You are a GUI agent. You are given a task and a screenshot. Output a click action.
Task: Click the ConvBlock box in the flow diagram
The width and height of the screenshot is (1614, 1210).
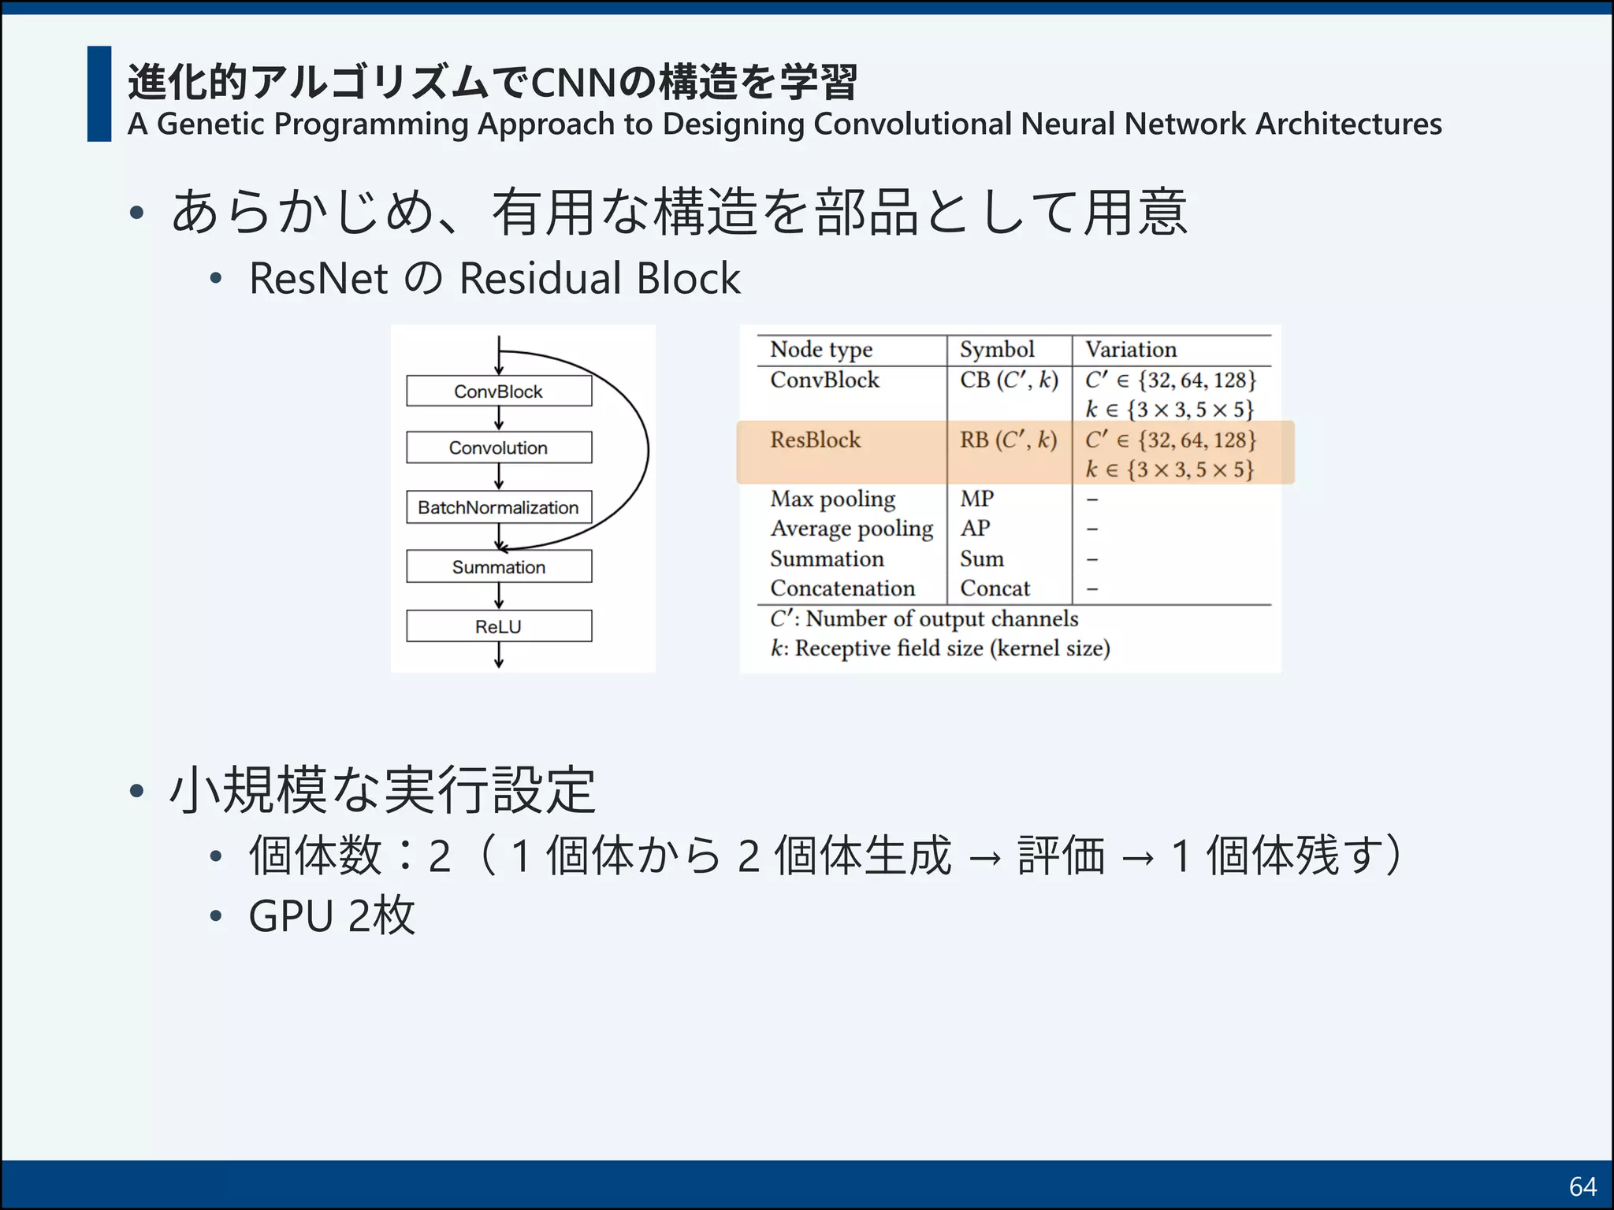(x=498, y=391)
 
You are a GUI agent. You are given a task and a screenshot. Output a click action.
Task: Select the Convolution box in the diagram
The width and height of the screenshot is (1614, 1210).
(x=498, y=447)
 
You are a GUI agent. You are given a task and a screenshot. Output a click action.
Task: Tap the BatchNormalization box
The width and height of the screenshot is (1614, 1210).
(x=498, y=507)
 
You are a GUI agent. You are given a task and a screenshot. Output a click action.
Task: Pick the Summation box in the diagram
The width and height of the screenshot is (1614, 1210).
(x=498, y=566)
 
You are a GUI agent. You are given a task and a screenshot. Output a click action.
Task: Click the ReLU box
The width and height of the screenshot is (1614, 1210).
(x=498, y=626)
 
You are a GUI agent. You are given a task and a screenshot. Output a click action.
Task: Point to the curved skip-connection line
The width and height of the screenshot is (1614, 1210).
(x=647, y=449)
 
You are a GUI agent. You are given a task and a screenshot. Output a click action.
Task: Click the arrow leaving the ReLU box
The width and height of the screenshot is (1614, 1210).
(x=499, y=655)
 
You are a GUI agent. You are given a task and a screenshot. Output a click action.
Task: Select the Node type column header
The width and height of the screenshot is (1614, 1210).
(x=820, y=349)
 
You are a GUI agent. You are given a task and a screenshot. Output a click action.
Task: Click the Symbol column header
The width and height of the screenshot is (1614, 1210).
(x=996, y=349)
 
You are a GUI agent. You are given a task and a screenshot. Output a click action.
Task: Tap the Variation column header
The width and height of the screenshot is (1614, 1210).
(x=1130, y=349)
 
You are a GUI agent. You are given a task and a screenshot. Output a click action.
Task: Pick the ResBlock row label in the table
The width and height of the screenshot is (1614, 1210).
(x=815, y=440)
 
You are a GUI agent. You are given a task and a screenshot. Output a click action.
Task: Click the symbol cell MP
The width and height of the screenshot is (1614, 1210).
(x=976, y=499)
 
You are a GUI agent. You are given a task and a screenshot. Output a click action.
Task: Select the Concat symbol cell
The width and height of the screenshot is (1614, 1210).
(x=995, y=588)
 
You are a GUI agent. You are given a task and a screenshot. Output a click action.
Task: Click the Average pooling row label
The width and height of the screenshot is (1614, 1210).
(x=851, y=529)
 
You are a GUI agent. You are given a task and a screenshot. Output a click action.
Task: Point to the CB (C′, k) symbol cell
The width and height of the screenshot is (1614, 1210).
(x=1008, y=380)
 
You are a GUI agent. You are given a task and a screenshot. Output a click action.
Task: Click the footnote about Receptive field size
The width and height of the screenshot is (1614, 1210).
(x=939, y=648)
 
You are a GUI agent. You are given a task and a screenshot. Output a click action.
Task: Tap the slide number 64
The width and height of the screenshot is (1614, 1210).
(x=1582, y=1186)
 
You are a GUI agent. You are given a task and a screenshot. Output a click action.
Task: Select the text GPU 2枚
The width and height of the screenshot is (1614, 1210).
(x=331, y=915)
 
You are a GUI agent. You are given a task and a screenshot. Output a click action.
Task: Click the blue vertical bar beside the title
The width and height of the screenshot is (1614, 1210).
(x=99, y=94)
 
